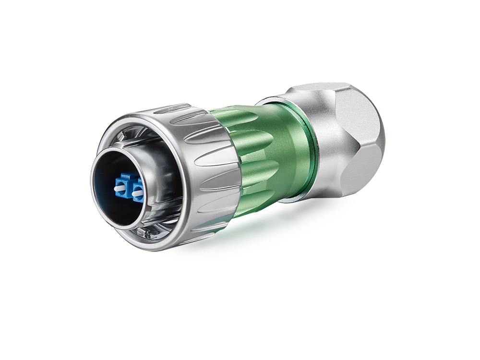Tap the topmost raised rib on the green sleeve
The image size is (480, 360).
[235, 115]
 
